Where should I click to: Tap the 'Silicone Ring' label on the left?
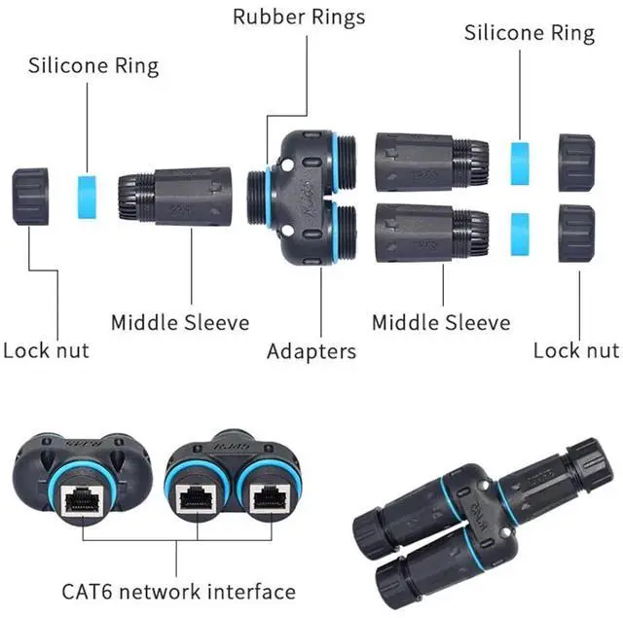tap(93, 66)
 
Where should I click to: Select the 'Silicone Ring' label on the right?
tap(529, 32)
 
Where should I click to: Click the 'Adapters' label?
tap(311, 350)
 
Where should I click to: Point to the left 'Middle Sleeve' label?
tap(179, 322)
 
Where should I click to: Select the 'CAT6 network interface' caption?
tap(178, 591)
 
